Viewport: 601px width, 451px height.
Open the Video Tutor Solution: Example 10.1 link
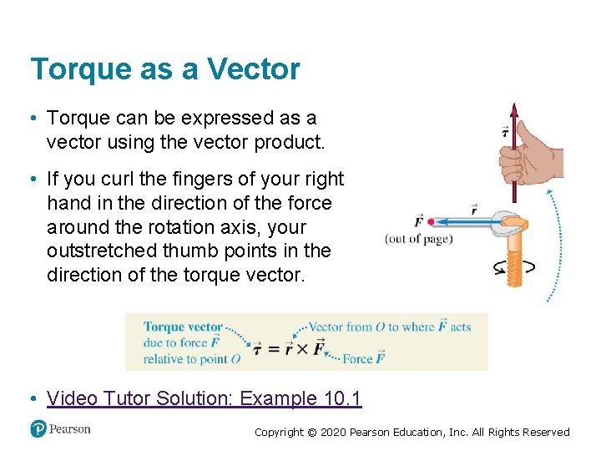pyautogui.click(x=205, y=398)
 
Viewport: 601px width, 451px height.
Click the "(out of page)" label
pyautogui.click(x=418, y=239)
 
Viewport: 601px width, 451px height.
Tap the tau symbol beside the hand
pyautogui.click(x=504, y=131)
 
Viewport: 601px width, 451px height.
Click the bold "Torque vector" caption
pyautogui.click(x=183, y=327)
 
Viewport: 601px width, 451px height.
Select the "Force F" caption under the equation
pyautogui.click(x=363, y=358)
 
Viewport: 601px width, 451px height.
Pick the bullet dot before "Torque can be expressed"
pyautogui.click(x=34, y=119)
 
